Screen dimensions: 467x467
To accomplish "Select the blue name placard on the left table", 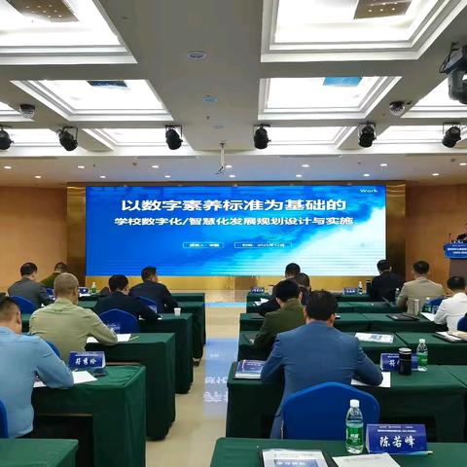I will click(87, 360).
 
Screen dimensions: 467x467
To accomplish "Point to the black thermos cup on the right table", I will click(405, 361).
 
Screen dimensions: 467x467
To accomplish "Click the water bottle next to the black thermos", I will click(422, 354).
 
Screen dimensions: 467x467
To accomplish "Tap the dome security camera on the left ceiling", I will click(27, 110).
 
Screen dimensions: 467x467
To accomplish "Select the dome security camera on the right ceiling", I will click(397, 108).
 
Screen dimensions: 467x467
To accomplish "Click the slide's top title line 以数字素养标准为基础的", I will click(233, 205).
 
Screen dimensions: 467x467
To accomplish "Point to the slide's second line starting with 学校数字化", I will click(233, 222).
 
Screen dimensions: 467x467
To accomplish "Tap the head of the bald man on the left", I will click(66, 286).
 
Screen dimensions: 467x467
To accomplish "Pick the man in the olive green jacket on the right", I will click(281, 318).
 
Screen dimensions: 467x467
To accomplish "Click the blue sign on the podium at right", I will click(455, 250).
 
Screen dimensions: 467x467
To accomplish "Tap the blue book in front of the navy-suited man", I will click(250, 368).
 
